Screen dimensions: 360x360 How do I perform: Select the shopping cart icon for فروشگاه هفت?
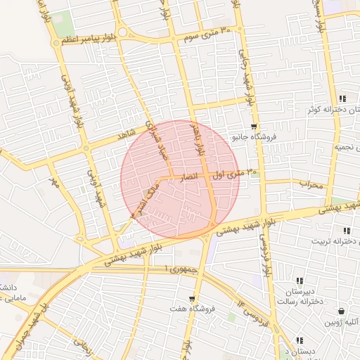pyautogui.click(x=192, y=299)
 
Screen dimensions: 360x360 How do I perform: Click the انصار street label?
pyautogui.click(x=193, y=176)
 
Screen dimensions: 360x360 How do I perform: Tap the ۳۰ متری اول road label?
pyautogui.click(x=237, y=172)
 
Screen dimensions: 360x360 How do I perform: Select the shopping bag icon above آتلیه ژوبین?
pyautogui.click(x=342, y=311)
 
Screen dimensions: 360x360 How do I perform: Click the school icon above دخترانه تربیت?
pyautogui.click(x=346, y=231)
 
